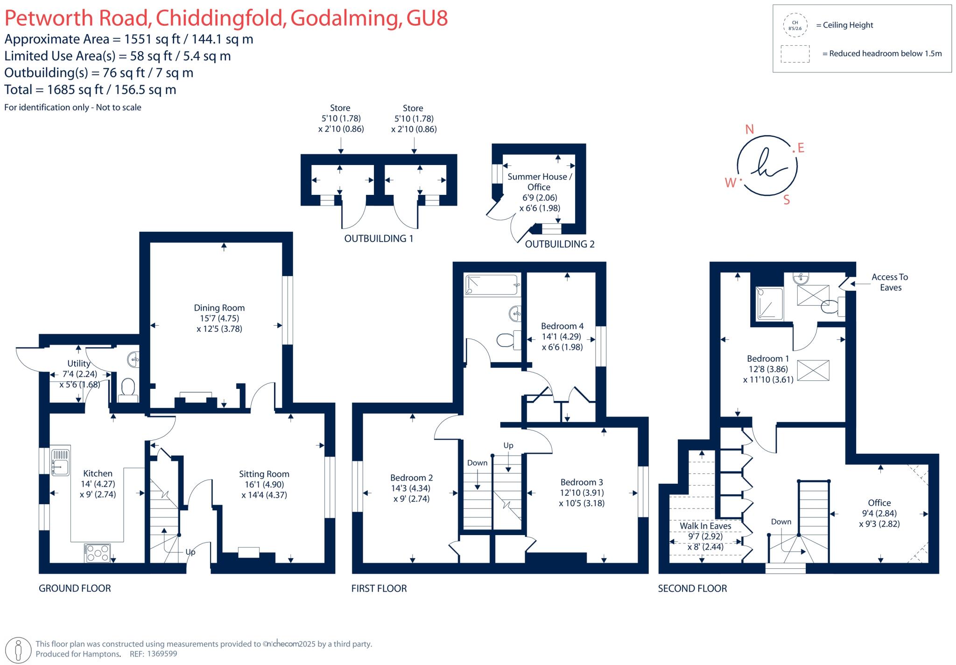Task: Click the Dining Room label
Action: click(x=219, y=307)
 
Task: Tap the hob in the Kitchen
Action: click(x=98, y=553)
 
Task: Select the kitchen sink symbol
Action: click(x=60, y=461)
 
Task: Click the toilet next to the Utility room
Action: click(x=127, y=389)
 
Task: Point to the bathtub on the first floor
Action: click(x=492, y=285)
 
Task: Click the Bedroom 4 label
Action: click(x=562, y=326)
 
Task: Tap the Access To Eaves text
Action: click(x=890, y=282)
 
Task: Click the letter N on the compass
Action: click(x=749, y=129)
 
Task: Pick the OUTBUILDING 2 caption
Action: click(x=559, y=244)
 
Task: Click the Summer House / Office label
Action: click(x=539, y=181)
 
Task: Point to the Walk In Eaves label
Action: click(x=705, y=526)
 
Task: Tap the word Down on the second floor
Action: click(x=780, y=522)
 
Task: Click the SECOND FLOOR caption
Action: click(x=692, y=588)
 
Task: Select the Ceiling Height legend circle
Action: click(x=794, y=25)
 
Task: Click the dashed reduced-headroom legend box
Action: click(x=794, y=54)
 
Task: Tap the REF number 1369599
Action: click(x=162, y=654)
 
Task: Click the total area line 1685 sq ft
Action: click(x=90, y=90)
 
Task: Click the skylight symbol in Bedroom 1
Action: click(x=813, y=371)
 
